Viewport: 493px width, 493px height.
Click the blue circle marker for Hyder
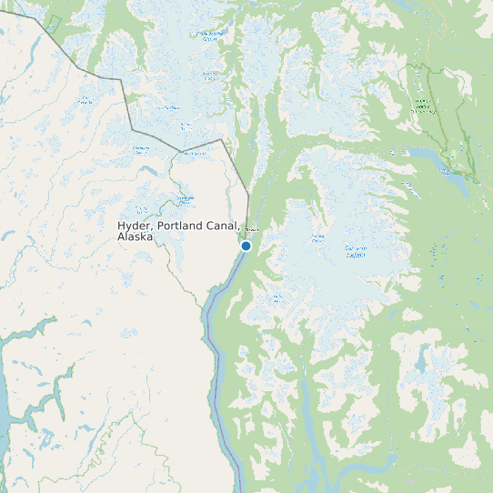point(246,246)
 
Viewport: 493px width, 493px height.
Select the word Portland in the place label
point(183,226)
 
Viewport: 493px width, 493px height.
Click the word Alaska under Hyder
point(135,236)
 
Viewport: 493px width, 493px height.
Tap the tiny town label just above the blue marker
point(253,230)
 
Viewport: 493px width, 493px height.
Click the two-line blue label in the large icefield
point(356,251)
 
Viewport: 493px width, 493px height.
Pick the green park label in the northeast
point(423,106)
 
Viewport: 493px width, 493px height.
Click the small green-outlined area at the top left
point(53,23)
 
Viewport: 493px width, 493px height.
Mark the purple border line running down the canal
point(216,364)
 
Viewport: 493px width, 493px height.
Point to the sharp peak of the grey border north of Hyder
point(223,140)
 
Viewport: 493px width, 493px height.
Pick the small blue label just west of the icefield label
point(317,239)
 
